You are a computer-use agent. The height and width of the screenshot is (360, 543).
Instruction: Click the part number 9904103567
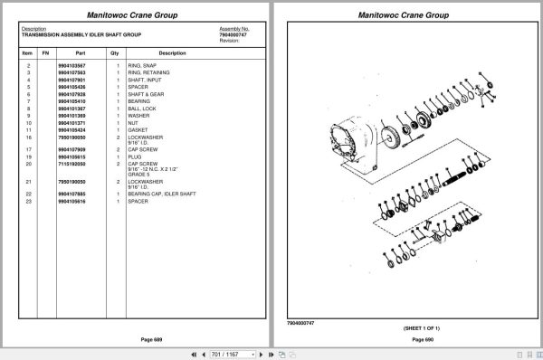click(71, 66)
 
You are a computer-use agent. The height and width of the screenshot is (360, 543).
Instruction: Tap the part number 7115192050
click(71, 164)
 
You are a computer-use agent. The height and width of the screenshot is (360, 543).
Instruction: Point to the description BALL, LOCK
click(143, 109)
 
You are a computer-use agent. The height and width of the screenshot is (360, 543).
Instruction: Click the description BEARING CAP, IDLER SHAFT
click(162, 194)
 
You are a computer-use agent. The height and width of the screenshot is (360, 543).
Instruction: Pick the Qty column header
click(115, 52)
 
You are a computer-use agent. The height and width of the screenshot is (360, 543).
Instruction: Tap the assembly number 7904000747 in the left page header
click(234, 34)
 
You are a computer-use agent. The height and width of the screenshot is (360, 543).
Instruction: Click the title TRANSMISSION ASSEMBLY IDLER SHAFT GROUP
click(81, 34)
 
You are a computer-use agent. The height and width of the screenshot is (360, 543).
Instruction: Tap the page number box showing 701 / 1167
click(229, 352)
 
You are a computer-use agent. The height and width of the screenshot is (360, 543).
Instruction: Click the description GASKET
click(138, 129)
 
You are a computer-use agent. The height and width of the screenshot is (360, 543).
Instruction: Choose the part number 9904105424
click(71, 129)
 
